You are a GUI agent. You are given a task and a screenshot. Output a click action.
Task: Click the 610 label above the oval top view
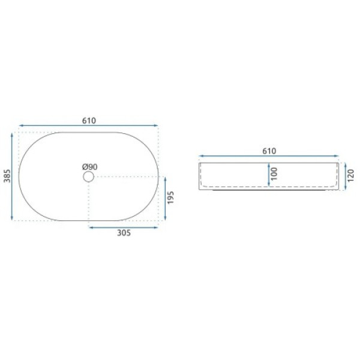click(x=89, y=120)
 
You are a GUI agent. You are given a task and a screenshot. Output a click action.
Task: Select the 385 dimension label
click(x=7, y=175)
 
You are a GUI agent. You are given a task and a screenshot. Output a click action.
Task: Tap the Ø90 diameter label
click(x=89, y=166)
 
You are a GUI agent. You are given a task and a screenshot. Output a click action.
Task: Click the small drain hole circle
click(x=89, y=176)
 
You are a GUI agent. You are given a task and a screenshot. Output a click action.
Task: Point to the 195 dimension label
click(x=172, y=199)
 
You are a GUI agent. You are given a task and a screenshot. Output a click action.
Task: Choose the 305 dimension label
click(x=124, y=233)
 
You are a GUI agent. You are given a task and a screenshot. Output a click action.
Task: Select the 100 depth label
click(x=275, y=175)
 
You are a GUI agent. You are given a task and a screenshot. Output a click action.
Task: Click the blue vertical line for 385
click(x=13, y=175)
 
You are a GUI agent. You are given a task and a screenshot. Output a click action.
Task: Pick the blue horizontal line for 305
click(x=124, y=227)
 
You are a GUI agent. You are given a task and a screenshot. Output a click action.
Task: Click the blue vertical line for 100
click(x=268, y=175)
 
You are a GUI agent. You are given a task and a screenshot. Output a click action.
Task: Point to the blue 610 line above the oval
click(x=89, y=127)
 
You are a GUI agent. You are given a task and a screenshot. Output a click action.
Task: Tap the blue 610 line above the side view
click(x=268, y=157)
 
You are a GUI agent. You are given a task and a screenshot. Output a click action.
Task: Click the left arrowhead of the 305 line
click(x=91, y=227)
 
